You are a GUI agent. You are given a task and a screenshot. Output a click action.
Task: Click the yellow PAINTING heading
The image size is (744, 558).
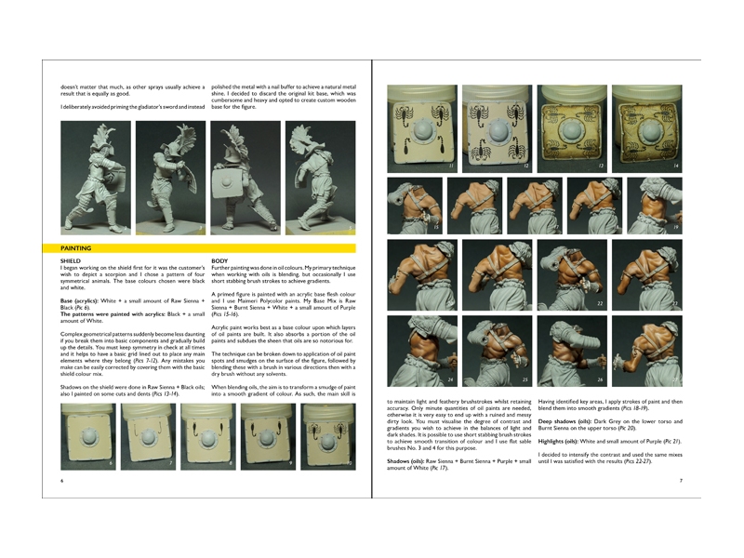(76, 249)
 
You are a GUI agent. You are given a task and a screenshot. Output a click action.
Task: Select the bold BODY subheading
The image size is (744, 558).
(220, 261)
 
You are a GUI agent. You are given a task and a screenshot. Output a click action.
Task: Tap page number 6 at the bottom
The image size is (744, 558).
(61, 481)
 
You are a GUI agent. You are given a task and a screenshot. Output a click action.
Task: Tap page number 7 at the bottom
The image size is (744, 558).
(681, 481)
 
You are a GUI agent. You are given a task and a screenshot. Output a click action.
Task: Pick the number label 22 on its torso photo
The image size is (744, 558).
(601, 303)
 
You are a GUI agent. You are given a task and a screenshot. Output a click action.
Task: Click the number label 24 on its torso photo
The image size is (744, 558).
(399, 379)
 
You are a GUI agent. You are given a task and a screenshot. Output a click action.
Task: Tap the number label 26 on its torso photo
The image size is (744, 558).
(601, 379)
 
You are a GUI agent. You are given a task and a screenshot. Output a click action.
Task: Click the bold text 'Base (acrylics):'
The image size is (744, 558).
(79, 302)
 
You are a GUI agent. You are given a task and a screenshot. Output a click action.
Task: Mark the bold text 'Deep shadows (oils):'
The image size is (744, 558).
(567, 420)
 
